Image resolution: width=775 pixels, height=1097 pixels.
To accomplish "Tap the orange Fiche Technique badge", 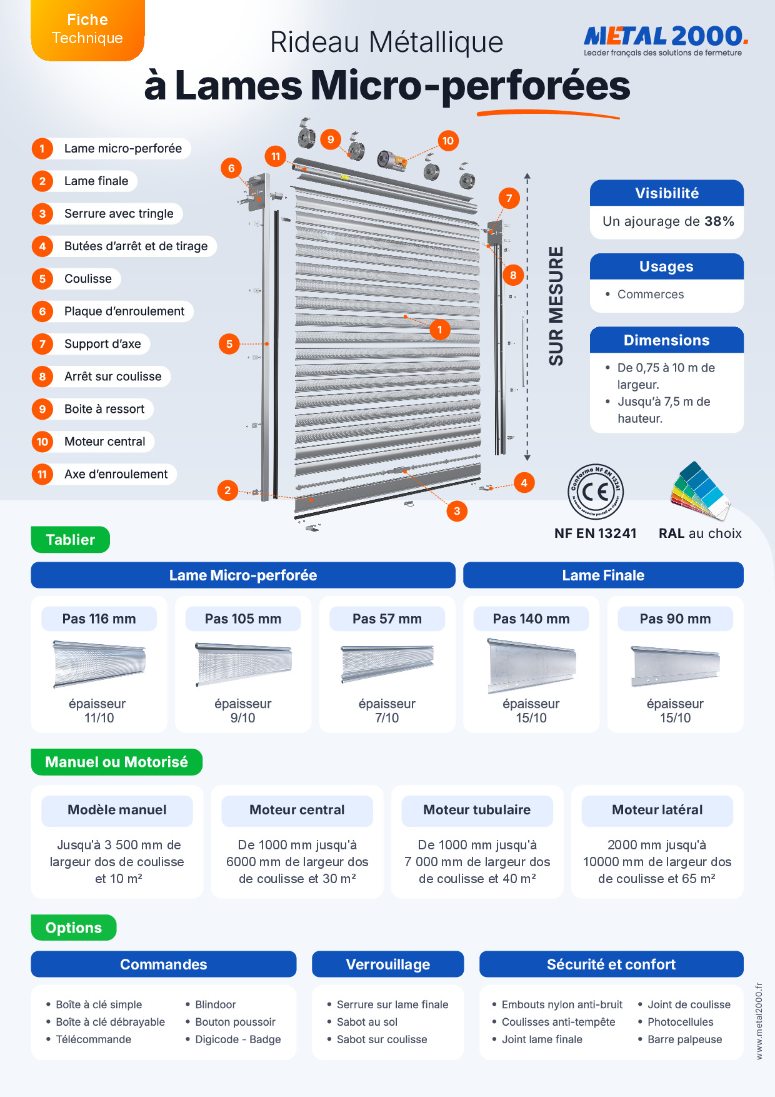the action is coord(87,29).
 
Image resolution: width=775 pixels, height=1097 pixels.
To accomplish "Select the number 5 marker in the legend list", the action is coord(42,279).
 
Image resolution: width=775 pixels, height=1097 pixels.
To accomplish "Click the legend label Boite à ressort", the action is coord(104,409).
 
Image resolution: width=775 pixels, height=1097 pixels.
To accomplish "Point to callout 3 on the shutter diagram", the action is coord(457,511).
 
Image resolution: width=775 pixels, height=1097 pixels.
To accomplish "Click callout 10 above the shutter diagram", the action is coord(448,141).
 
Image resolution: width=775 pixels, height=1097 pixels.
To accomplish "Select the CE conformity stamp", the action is coord(596,492).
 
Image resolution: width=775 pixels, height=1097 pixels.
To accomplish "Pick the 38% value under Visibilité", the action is coord(719,221).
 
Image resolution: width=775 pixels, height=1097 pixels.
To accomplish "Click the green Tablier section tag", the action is coord(71,540).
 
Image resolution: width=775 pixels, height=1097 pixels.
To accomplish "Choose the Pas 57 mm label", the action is coord(387,619).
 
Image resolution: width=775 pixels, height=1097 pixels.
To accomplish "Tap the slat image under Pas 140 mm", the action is coord(531,665).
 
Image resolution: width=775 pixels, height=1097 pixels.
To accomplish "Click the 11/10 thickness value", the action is coord(99,718).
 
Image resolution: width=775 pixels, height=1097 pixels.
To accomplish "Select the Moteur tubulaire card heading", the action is coord(477,810).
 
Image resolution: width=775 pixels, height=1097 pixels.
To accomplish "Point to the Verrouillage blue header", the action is coord(388,964).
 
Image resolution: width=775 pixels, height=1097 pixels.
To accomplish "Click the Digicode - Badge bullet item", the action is coord(238,1039).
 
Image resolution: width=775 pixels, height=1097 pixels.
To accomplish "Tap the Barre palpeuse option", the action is coord(685,1039).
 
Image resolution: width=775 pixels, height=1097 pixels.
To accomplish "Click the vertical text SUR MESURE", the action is coord(556,306).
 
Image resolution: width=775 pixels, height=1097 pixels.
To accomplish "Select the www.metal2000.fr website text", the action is coord(759,1021).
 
